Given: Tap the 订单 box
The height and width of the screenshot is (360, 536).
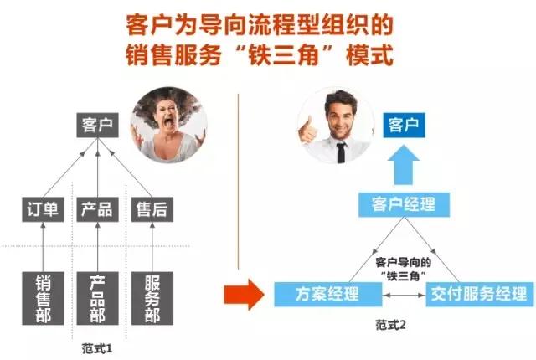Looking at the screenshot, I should (40, 209).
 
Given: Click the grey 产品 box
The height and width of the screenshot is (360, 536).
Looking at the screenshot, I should (97, 209).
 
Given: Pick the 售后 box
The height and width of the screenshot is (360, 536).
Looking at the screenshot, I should (152, 209).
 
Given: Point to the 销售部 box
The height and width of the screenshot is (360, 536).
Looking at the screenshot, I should (41, 297).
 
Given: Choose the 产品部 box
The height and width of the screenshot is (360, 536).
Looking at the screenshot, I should (97, 297).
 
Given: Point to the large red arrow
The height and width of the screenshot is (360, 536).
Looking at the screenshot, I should (240, 296).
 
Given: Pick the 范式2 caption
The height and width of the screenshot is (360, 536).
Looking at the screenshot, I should (391, 325).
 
